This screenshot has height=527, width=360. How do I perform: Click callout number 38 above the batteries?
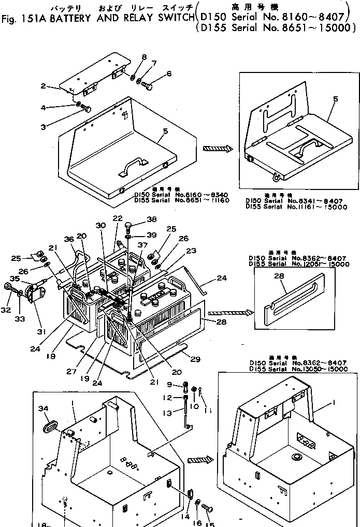pos(137,218)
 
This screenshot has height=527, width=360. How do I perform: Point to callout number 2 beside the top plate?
pos(44,86)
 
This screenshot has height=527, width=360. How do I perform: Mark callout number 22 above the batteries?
pos(118,218)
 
